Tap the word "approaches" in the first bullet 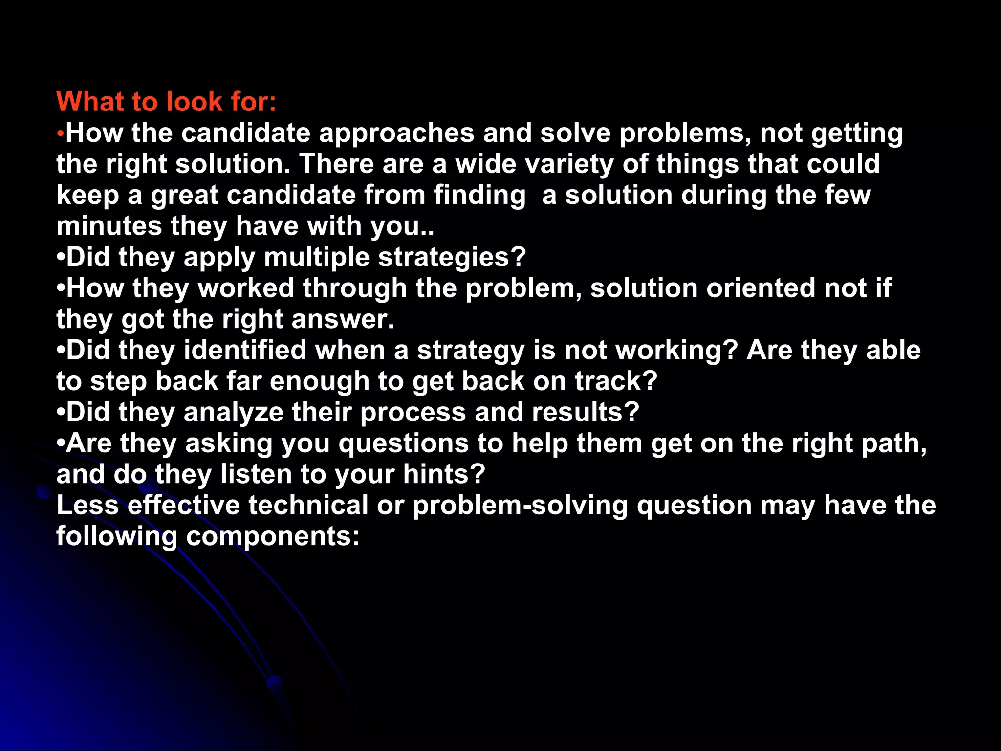point(396,133)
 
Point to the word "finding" point(479,195)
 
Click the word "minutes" point(109,226)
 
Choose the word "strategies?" point(452,257)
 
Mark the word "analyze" point(234,412)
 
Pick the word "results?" point(586,412)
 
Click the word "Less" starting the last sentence point(87,505)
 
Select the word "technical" point(308,505)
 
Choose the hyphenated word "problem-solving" point(520,505)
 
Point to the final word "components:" point(273,536)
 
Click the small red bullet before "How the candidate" point(60,134)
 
